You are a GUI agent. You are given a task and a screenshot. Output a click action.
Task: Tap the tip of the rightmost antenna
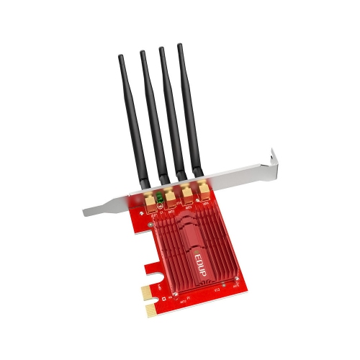point(180,46)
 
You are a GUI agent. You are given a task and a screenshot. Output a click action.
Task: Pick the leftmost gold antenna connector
point(151,202)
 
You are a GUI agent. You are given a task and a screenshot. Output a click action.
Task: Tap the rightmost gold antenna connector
point(204,189)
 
